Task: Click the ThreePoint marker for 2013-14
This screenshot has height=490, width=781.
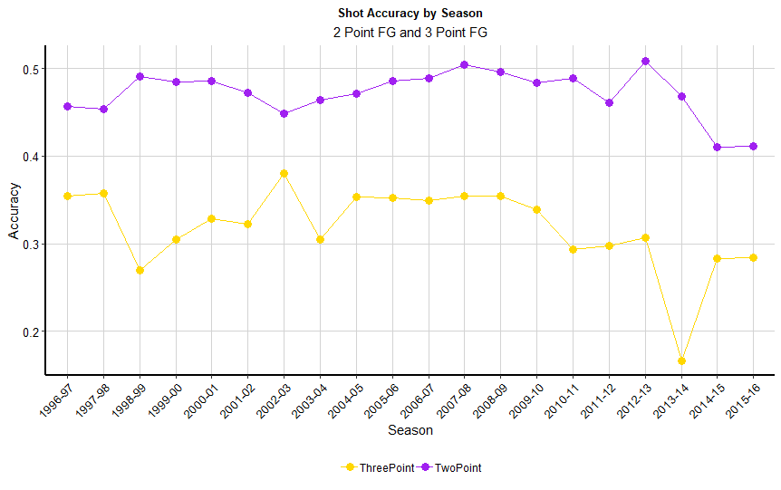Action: point(681,360)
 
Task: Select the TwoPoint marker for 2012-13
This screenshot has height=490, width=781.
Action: point(645,62)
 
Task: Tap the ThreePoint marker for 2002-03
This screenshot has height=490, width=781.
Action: point(284,173)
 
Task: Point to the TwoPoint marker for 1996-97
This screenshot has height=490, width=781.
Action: point(67,107)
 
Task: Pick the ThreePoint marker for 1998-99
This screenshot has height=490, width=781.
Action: point(140,270)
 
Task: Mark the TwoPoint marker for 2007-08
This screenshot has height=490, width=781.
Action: point(465,65)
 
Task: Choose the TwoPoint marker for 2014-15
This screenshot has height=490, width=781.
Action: point(718,147)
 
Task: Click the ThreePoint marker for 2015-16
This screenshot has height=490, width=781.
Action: point(753,257)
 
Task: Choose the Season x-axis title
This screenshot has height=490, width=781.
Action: point(410,431)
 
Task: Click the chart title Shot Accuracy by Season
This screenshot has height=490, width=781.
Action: point(410,14)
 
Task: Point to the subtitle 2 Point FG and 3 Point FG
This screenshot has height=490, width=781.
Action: point(410,32)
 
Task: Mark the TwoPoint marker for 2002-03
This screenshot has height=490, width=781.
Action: point(284,113)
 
